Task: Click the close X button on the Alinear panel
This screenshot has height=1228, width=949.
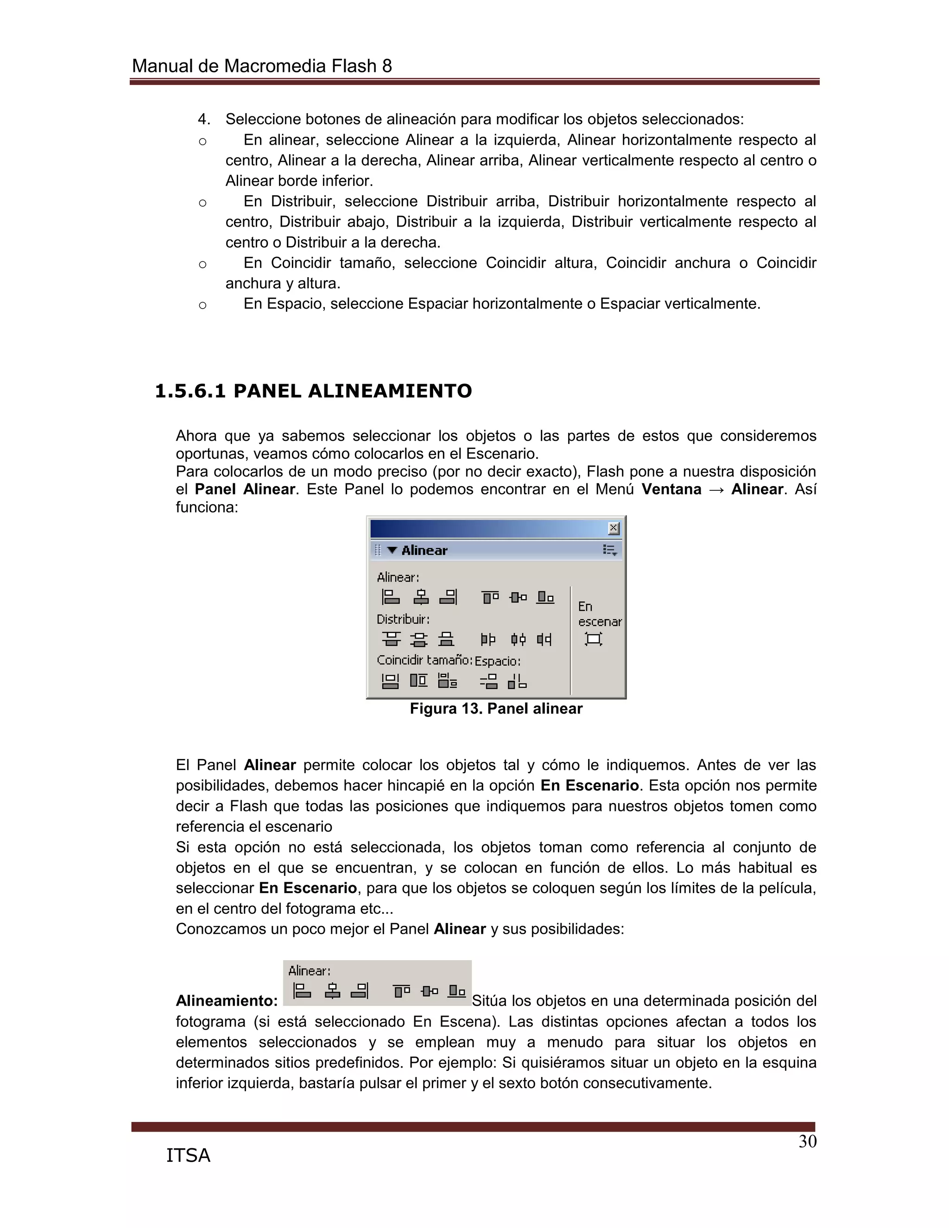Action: [x=614, y=528]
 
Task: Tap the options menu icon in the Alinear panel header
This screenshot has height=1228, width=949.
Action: [x=609, y=550]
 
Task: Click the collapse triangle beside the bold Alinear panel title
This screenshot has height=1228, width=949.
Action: [x=392, y=550]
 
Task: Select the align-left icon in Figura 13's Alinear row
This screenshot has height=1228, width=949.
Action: [x=390, y=596]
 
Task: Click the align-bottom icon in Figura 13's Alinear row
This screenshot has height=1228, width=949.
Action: [x=545, y=596]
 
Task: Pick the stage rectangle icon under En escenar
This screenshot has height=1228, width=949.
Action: [x=593, y=639]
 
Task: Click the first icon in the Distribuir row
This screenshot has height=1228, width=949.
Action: [x=391, y=639]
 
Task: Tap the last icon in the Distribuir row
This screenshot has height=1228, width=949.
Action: [x=544, y=639]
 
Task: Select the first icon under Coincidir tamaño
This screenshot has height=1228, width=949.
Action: [x=390, y=681]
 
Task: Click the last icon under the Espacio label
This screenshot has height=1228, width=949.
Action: [x=517, y=681]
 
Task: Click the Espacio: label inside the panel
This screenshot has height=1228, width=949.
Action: [x=498, y=661]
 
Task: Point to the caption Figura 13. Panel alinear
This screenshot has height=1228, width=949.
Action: [x=496, y=709]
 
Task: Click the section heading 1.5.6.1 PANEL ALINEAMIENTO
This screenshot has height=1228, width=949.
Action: [x=313, y=391]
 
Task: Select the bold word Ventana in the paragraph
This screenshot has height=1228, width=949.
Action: [x=671, y=489]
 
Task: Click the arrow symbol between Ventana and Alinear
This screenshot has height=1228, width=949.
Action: [x=716, y=490]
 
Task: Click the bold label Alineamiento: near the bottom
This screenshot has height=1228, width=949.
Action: [x=227, y=1001]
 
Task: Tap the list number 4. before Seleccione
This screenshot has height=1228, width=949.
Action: [x=203, y=119]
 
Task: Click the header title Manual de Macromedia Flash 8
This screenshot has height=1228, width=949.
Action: [x=261, y=66]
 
